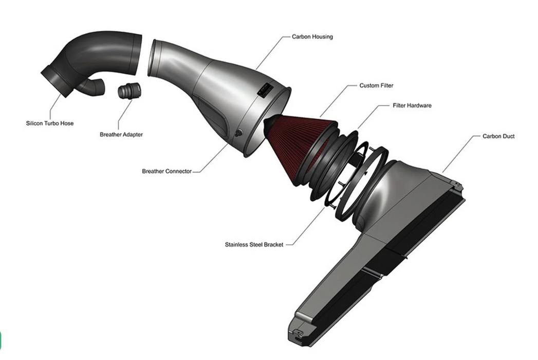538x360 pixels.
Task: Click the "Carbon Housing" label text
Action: (x=312, y=37)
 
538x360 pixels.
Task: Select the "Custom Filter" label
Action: (x=376, y=85)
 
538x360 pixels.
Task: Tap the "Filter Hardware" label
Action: (x=412, y=105)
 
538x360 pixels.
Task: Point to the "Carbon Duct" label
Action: (x=498, y=136)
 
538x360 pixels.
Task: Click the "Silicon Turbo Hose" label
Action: (x=50, y=123)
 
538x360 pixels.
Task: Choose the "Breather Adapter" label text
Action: (x=121, y=135)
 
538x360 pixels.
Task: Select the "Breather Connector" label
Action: (x=166, y=171)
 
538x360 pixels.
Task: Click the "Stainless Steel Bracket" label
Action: (x=254, y=245)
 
